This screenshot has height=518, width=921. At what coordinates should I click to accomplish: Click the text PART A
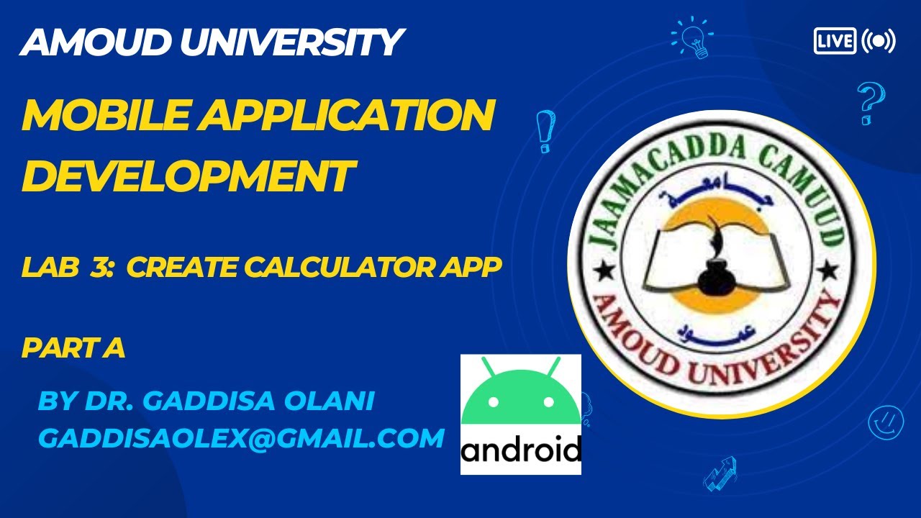point(73,348)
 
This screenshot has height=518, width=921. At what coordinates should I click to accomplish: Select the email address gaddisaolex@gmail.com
point(241,438)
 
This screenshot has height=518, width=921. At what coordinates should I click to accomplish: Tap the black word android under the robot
point(521,451)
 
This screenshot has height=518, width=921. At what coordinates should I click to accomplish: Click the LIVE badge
point(835,41)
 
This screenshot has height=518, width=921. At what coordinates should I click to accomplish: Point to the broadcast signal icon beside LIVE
point(879,41)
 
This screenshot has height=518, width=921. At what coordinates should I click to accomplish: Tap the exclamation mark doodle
point(545,130)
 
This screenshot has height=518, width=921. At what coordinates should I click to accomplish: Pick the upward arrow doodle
point(720,473)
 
